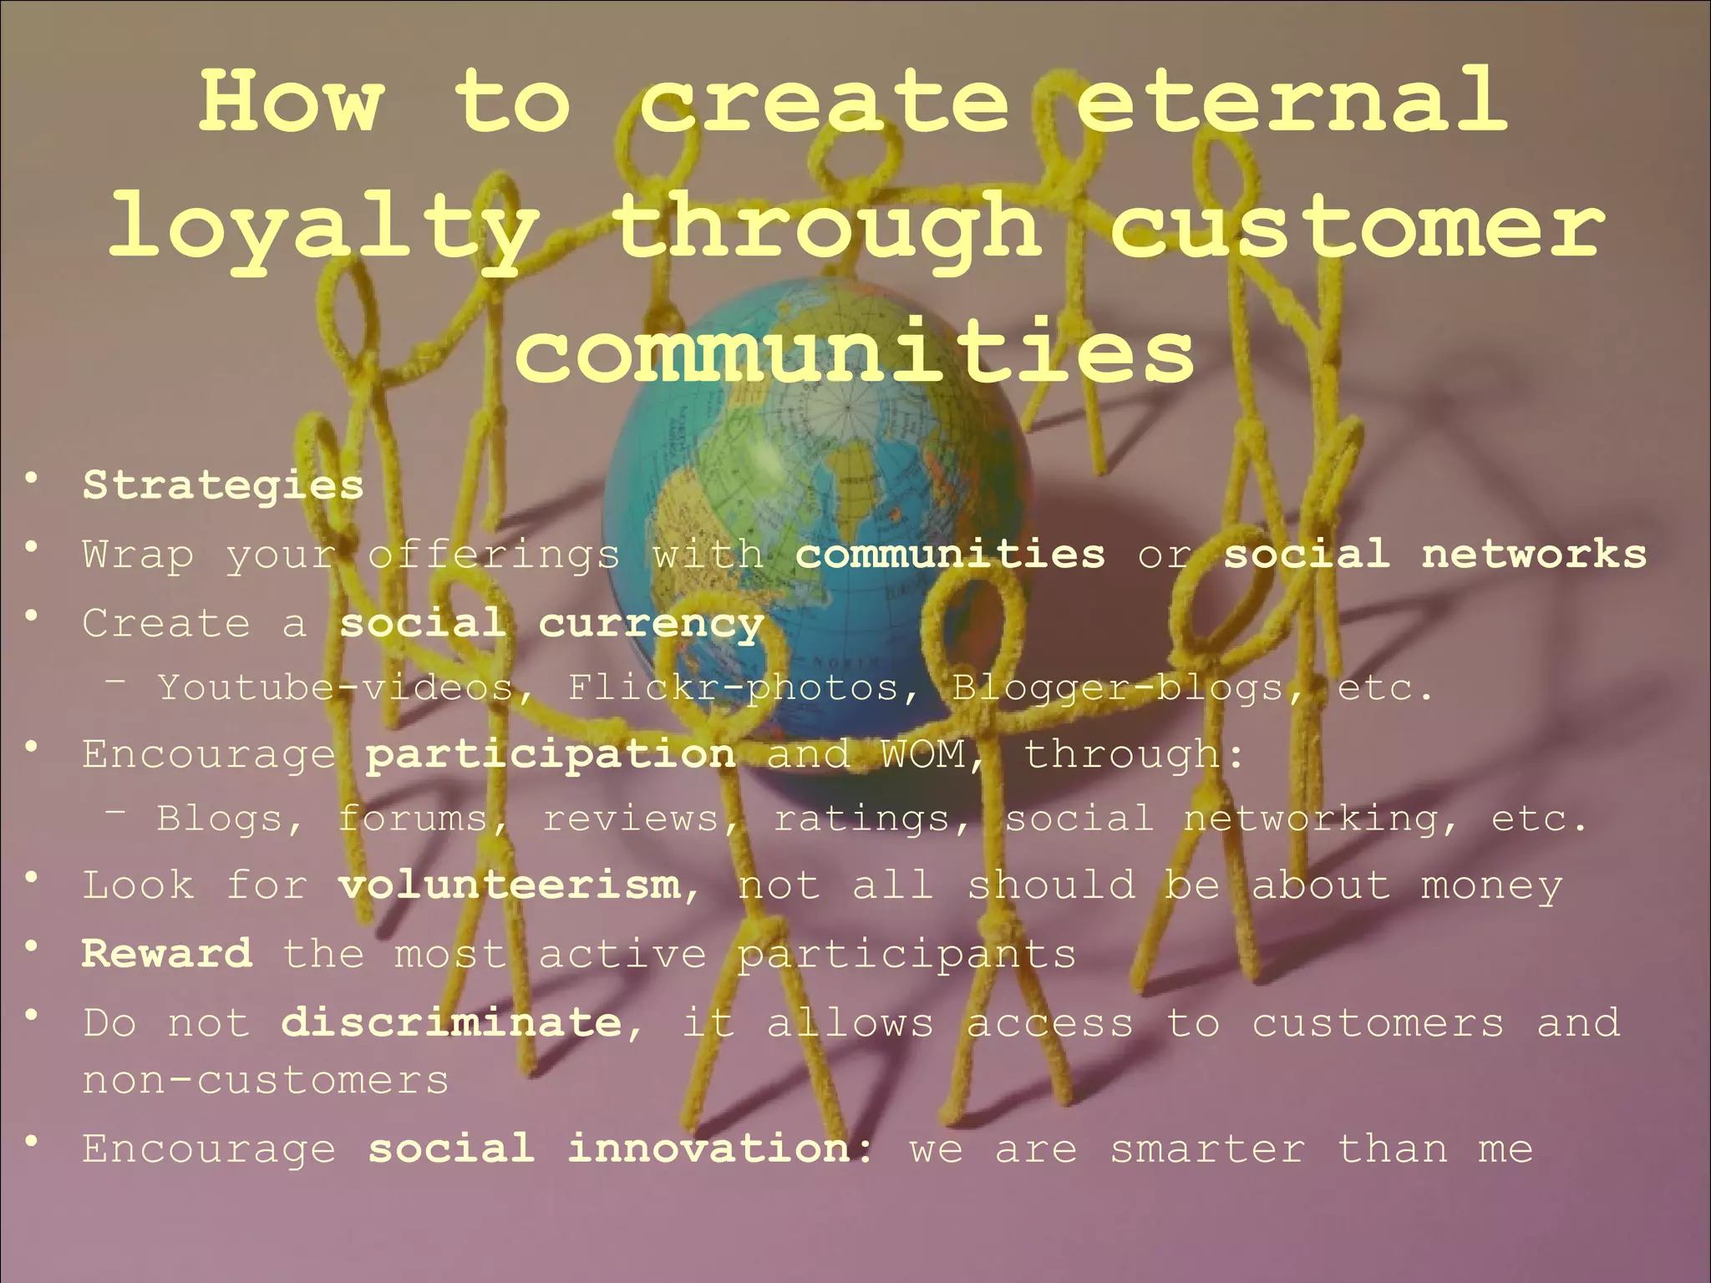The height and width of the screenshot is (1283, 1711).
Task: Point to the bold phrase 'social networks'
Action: pyautogui.click(x=1434, y=555)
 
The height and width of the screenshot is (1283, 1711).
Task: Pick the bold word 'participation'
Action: pyautogui.click(x=551, y=754)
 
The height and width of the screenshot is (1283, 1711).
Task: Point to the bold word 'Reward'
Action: pyautogui.click(x=166, y=954)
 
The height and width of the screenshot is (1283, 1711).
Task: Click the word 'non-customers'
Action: pyautogui.click(x=266, y=1081)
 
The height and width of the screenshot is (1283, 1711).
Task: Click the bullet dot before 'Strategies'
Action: pyautogui.click(x=32, y=479)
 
